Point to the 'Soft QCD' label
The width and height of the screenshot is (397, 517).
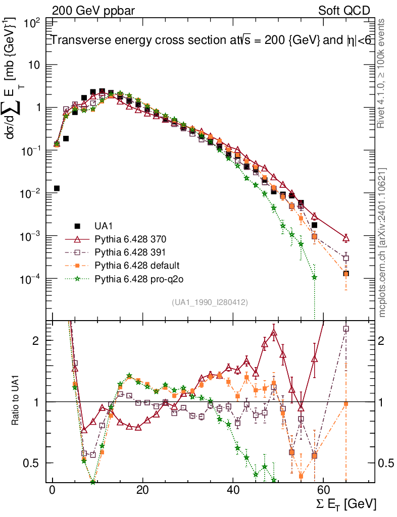(x=343, y=10)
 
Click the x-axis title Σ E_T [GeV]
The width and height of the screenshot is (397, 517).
(x=345, y=504)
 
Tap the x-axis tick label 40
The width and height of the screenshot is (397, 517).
(x=232, y=491)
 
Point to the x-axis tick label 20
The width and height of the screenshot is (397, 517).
(x=142, y=491)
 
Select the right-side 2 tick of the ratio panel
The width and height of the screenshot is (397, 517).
(x=383, y=340)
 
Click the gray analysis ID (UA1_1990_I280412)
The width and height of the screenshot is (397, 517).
(x=210, y=302)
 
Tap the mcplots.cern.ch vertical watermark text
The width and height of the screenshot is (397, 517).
(x=382, y=242)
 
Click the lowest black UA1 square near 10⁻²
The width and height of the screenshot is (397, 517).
(x=57, y=188)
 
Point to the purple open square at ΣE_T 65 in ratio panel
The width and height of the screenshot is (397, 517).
(x=346, y=329)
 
